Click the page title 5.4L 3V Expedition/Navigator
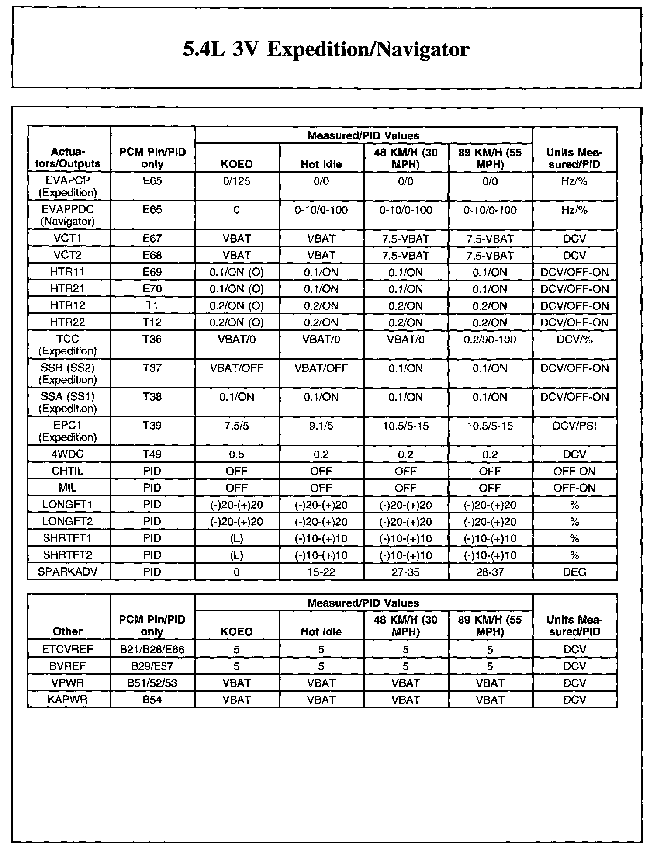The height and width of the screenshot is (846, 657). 326,49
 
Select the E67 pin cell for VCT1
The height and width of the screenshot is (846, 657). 152,239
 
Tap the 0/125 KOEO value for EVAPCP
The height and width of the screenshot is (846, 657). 236,181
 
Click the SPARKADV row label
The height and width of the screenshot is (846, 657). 68,572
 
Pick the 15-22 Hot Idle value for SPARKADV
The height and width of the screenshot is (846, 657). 321,572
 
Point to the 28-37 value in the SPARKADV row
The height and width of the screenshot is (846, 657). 490,572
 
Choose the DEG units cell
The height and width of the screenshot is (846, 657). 574,572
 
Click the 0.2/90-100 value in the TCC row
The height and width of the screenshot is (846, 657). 490,340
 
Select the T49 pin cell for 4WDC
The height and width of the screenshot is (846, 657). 152,454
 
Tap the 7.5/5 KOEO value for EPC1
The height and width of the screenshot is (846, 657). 236,426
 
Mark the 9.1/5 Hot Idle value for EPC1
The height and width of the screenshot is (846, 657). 321,426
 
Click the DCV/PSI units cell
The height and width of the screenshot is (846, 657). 574,426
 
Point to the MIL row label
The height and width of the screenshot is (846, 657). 68,488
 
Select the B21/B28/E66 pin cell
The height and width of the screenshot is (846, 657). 152,649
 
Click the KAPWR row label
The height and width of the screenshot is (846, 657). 68,700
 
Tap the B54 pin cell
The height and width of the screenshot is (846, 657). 152,700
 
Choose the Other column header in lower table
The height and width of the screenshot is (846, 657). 68,631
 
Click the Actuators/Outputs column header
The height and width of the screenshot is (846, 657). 69,158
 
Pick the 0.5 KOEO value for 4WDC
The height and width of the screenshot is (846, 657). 236,454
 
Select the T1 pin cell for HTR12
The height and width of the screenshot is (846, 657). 152,305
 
